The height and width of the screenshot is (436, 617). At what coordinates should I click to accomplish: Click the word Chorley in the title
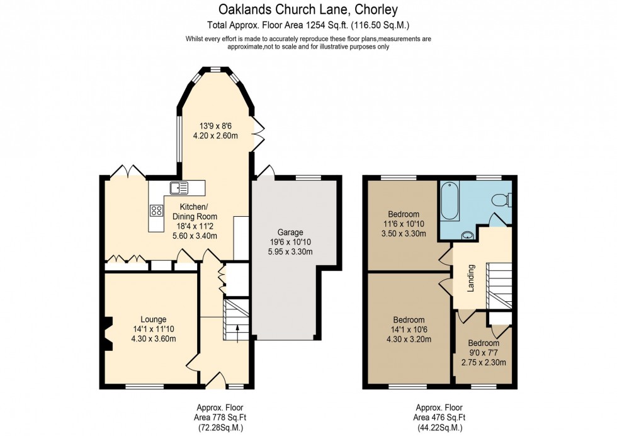375,9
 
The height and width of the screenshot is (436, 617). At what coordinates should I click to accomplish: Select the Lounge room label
153,319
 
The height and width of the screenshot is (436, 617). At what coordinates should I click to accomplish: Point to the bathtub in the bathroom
450,200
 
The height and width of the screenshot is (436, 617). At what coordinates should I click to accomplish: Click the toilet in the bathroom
500,200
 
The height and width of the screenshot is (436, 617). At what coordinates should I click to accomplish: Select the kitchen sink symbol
178,187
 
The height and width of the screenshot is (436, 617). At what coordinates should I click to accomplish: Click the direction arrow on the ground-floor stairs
237,333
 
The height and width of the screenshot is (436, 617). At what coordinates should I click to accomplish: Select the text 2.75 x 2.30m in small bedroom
484,362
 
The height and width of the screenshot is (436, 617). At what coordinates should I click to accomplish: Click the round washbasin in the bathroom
467,236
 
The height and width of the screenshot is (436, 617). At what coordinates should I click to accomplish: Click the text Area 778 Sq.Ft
218,417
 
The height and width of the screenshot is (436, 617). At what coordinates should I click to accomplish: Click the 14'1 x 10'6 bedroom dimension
409,329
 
